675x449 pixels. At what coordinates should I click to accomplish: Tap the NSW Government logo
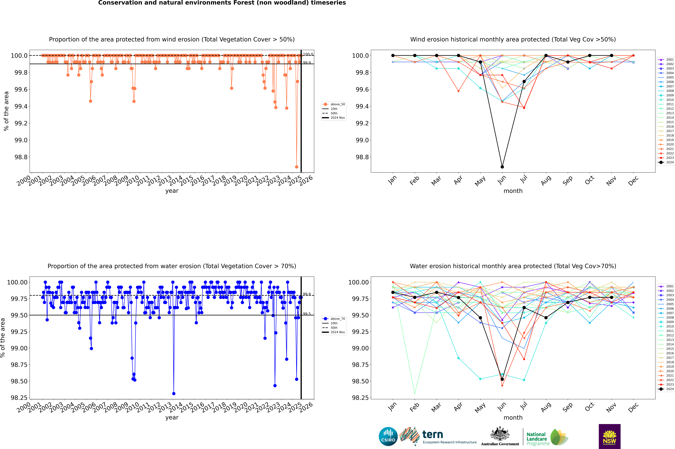(x=609, y=436)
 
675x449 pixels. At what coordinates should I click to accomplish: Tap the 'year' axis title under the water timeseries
(x=172, y=418)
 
